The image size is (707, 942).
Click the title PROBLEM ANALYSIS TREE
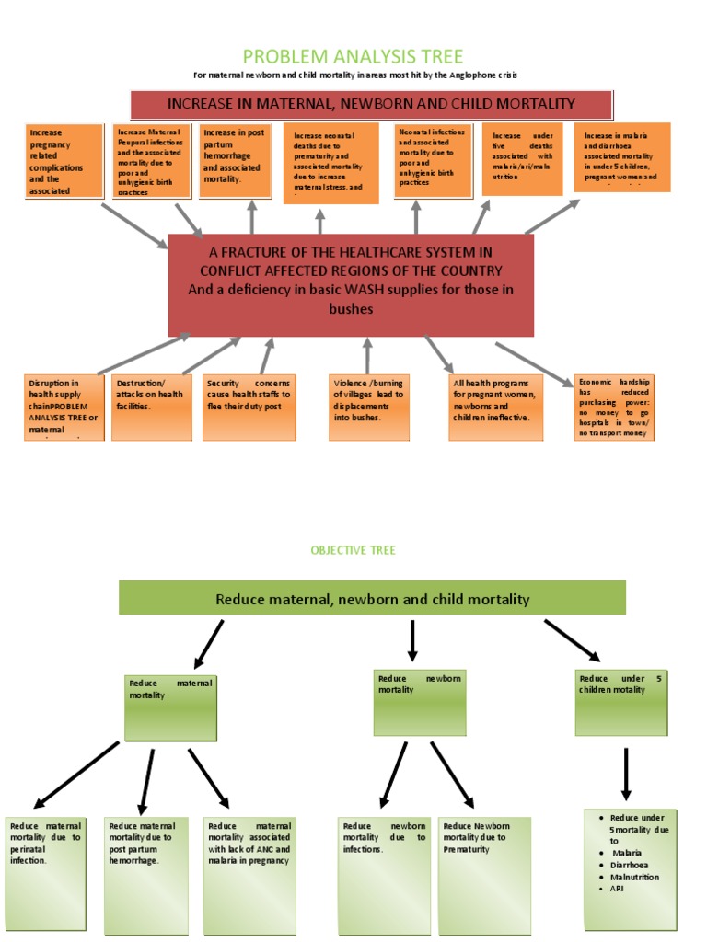click(353, 57)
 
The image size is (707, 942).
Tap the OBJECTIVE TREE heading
click(353, 550)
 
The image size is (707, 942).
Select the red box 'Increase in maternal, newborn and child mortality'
click(370, 104)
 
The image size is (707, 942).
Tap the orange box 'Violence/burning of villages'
click(368, 405)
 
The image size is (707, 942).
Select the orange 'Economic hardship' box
click(614, 406)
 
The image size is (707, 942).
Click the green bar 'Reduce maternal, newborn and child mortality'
click(372, 599)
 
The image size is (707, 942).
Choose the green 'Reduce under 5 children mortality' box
click(620, 704)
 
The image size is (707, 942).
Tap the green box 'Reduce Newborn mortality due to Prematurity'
click(485, 874)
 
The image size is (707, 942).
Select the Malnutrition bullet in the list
click(635, 878)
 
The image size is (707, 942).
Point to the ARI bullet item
click(619, 889)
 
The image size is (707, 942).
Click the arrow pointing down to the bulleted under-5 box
click(626, 773)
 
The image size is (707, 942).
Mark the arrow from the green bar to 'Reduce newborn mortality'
click(412, 641)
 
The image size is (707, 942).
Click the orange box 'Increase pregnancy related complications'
click(64, 162)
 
